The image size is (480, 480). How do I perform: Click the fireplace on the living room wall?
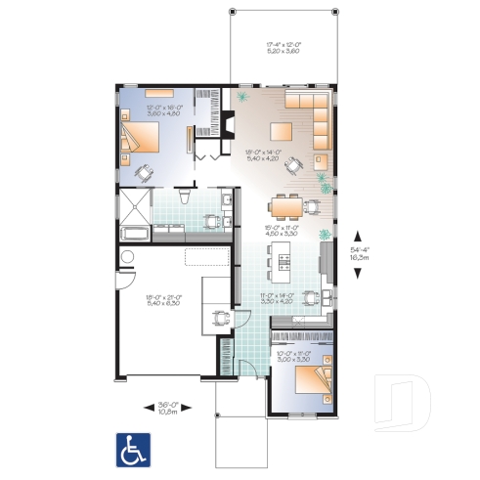point(225,124)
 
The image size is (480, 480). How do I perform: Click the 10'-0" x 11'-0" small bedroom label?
point(293,356)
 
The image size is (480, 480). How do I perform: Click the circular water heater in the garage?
point(125,257)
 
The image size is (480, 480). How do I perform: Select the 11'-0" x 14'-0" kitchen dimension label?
point(277,298)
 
